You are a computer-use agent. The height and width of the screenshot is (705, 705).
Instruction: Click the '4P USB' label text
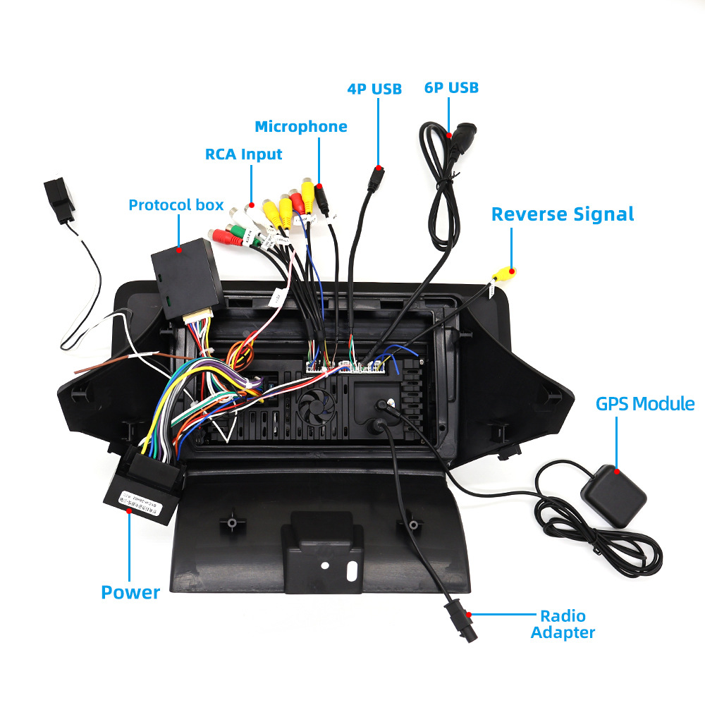click(x=374, y=89)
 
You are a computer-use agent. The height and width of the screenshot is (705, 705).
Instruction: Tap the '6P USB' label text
click(x=451, y=87)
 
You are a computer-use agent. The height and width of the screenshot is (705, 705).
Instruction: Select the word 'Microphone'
click(x=301, y=127)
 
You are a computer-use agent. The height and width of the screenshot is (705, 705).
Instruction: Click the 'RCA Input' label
click(x=243, y=154)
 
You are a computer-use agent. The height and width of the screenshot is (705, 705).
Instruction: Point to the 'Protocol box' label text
click(x=176, y=205)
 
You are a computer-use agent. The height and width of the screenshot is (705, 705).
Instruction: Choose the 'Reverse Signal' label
click(x=563, y=214)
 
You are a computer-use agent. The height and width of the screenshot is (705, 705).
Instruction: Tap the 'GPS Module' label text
click(x=645, y=404)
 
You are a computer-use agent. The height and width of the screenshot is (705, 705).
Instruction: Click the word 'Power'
click(x=130, y=592)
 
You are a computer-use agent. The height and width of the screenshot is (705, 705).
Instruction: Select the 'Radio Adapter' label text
click(x=563, y=624)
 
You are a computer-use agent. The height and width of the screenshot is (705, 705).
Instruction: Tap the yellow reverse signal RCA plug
click(x=503, y=273)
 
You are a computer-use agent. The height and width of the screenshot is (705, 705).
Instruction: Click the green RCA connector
click(x=237, y=234)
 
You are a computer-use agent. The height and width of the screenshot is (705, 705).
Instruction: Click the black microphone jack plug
click(x=321, y=201)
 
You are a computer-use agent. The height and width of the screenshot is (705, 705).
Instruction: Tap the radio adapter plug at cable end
click(x=459, y=621)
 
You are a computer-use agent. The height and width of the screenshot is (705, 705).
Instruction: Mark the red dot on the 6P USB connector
click(x=449, y=134)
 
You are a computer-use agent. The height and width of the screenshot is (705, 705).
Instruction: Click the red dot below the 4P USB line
click(x=379, y=168)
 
